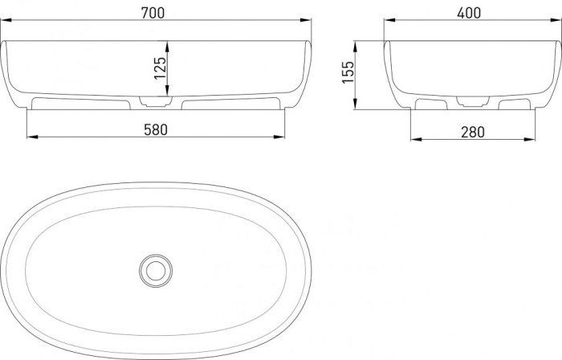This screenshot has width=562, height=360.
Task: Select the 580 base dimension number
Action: point(155,129)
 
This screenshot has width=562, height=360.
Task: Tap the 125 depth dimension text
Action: point(160,69)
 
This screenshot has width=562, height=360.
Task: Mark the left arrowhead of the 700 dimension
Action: point(6,22)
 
